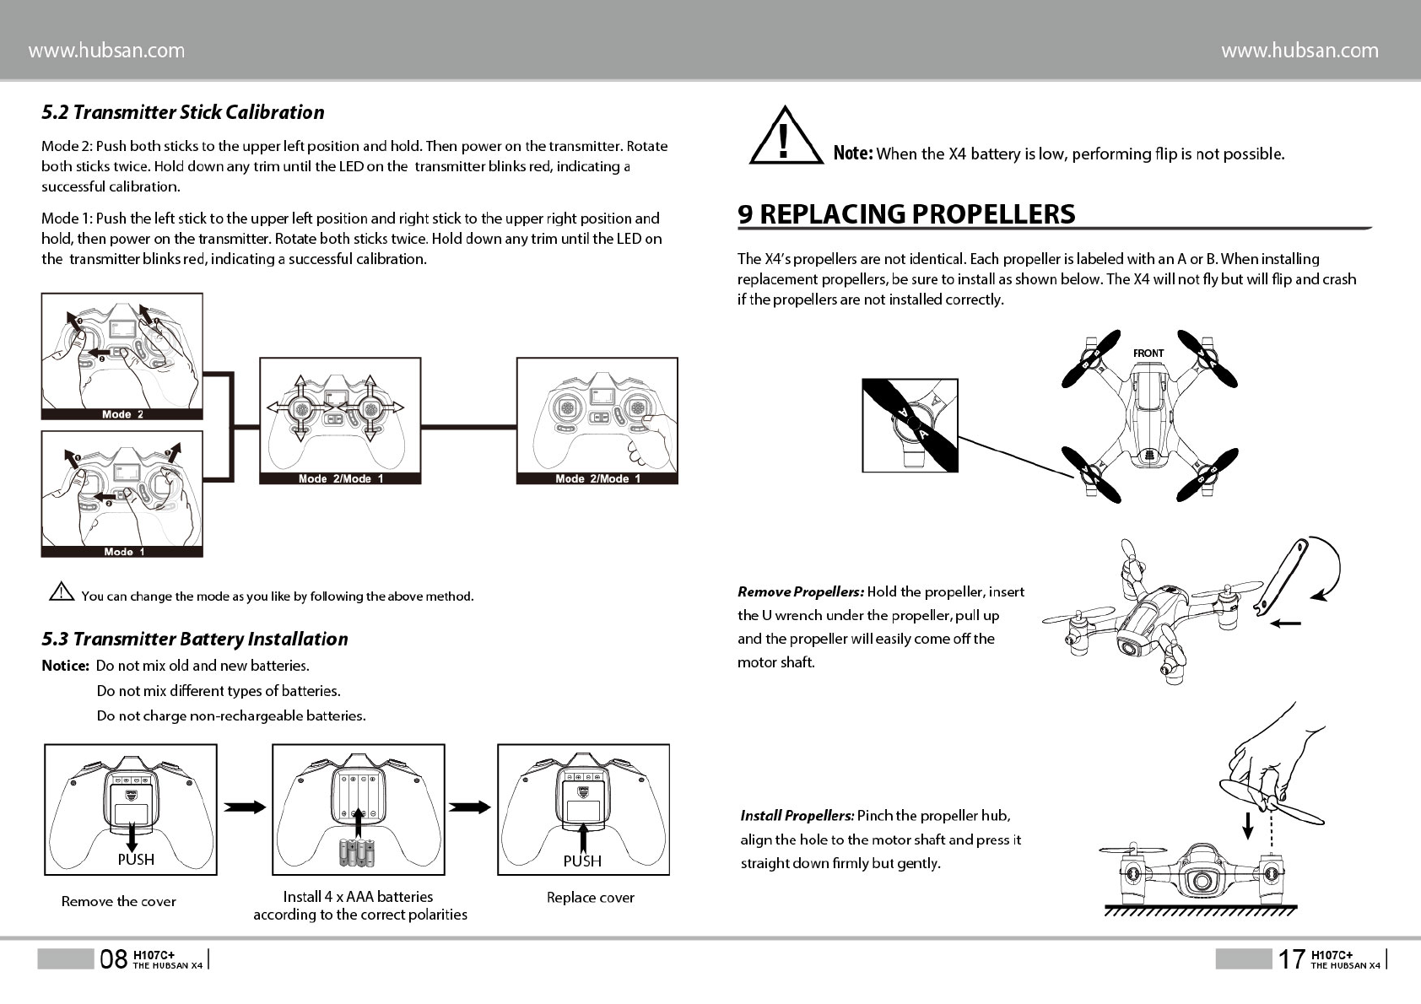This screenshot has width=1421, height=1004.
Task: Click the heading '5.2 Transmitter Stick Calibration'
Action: click(x=183, y=112)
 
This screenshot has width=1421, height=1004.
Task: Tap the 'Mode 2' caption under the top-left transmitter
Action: click(x=122, y=414)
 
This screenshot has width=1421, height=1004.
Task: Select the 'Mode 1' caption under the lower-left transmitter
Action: click(x=124, y=552)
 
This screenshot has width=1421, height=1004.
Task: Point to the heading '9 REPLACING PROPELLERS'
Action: click(x=906, y=214)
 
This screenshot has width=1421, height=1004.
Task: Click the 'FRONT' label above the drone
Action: click(x=1148, y=354)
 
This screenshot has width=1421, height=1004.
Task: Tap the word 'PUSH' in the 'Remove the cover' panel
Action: click(x=136, y=860)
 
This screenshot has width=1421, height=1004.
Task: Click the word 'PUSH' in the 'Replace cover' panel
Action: click(x=582, y=861)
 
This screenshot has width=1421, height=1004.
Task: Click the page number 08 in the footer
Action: click(x=114, y=959)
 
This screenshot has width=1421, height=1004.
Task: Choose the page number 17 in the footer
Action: click(x=1290, y=959)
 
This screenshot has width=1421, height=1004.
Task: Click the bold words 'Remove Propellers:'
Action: click(x=800, y=592)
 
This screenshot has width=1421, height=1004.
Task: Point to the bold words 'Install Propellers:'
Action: click(x=797, y=816)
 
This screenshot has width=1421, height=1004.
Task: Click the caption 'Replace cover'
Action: click(x=590, y=898)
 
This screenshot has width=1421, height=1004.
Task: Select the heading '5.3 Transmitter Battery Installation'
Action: click(x=195, y=640)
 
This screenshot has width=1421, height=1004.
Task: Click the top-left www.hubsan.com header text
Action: click(x=106, y=51)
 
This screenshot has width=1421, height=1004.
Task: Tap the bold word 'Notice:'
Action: click(x=65, y=666)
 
